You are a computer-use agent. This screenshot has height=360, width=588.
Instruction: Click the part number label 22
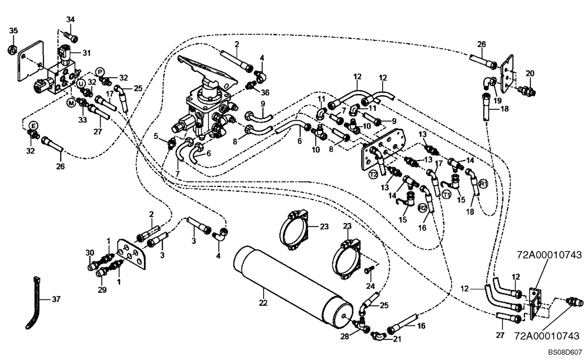coord(263,302)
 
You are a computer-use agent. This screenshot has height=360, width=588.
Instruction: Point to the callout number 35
coord(14,31)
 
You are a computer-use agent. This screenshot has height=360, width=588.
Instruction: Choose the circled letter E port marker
coord(34,125)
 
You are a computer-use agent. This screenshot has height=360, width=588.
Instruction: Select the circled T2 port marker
coord(373,174)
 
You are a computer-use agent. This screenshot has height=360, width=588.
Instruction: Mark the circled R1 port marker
coord(483,184)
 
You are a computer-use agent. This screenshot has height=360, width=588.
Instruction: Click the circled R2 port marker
coord(423,208)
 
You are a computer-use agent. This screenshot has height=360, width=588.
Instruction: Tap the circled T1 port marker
coord(447,195)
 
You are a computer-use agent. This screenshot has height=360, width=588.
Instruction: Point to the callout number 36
coord(265,92)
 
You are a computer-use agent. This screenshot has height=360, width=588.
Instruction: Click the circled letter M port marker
coord(71,103)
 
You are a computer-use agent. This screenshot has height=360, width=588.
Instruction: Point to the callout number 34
coord(71,20)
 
